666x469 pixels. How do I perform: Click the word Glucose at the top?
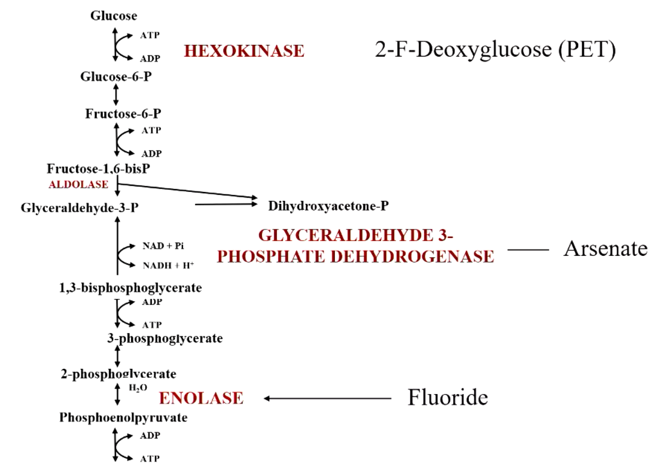click(114, 16)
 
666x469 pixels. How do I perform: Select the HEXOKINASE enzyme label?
click(244, 51)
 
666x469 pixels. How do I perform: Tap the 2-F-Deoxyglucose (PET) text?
click(495, 50)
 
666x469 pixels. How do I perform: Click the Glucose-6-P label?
click(115, 77)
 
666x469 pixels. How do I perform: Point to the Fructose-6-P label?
click(123, 114)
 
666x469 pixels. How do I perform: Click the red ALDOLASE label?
click(78, 184)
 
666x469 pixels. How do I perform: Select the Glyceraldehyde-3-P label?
click(80, 208)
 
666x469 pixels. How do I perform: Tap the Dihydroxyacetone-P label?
click(328, 206)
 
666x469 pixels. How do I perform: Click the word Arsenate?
click(606, 248)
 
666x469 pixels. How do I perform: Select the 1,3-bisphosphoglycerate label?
click(130, 288)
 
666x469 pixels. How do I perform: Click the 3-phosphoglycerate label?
click(165, 339)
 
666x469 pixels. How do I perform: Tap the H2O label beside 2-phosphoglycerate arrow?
click(138, 387)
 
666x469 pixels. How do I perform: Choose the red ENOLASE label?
click(201, 398)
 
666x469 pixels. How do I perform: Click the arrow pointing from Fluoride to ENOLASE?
click(327, 398)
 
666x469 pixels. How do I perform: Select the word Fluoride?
click(448, 397)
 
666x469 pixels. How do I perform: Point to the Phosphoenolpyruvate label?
click(123, 418)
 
